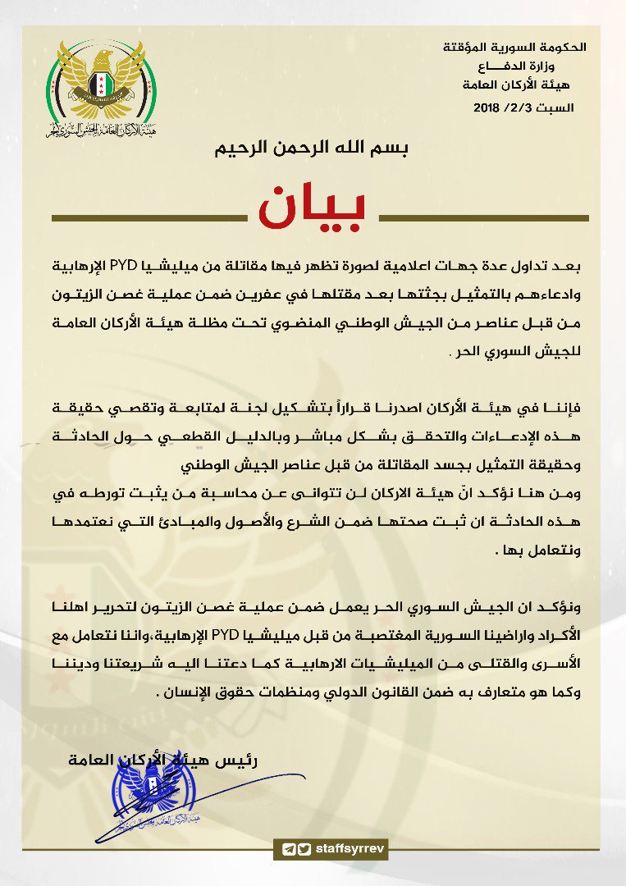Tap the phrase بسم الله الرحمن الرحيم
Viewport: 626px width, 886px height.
point(311,149)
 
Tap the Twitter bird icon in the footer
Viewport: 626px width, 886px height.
point(304,848)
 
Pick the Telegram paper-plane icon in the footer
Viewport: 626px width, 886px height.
point(288,848)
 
